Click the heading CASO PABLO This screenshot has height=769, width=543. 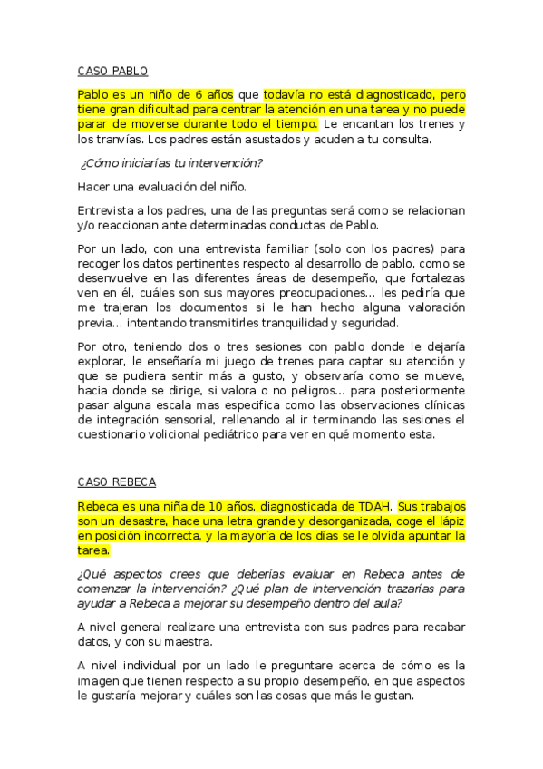click(x=112, y=71)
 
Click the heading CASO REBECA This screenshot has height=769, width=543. click(x=115, y=482)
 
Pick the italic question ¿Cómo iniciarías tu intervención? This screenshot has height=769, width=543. click(x=171, y=163)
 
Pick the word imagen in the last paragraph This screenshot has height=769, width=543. click(x=101, y=681)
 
